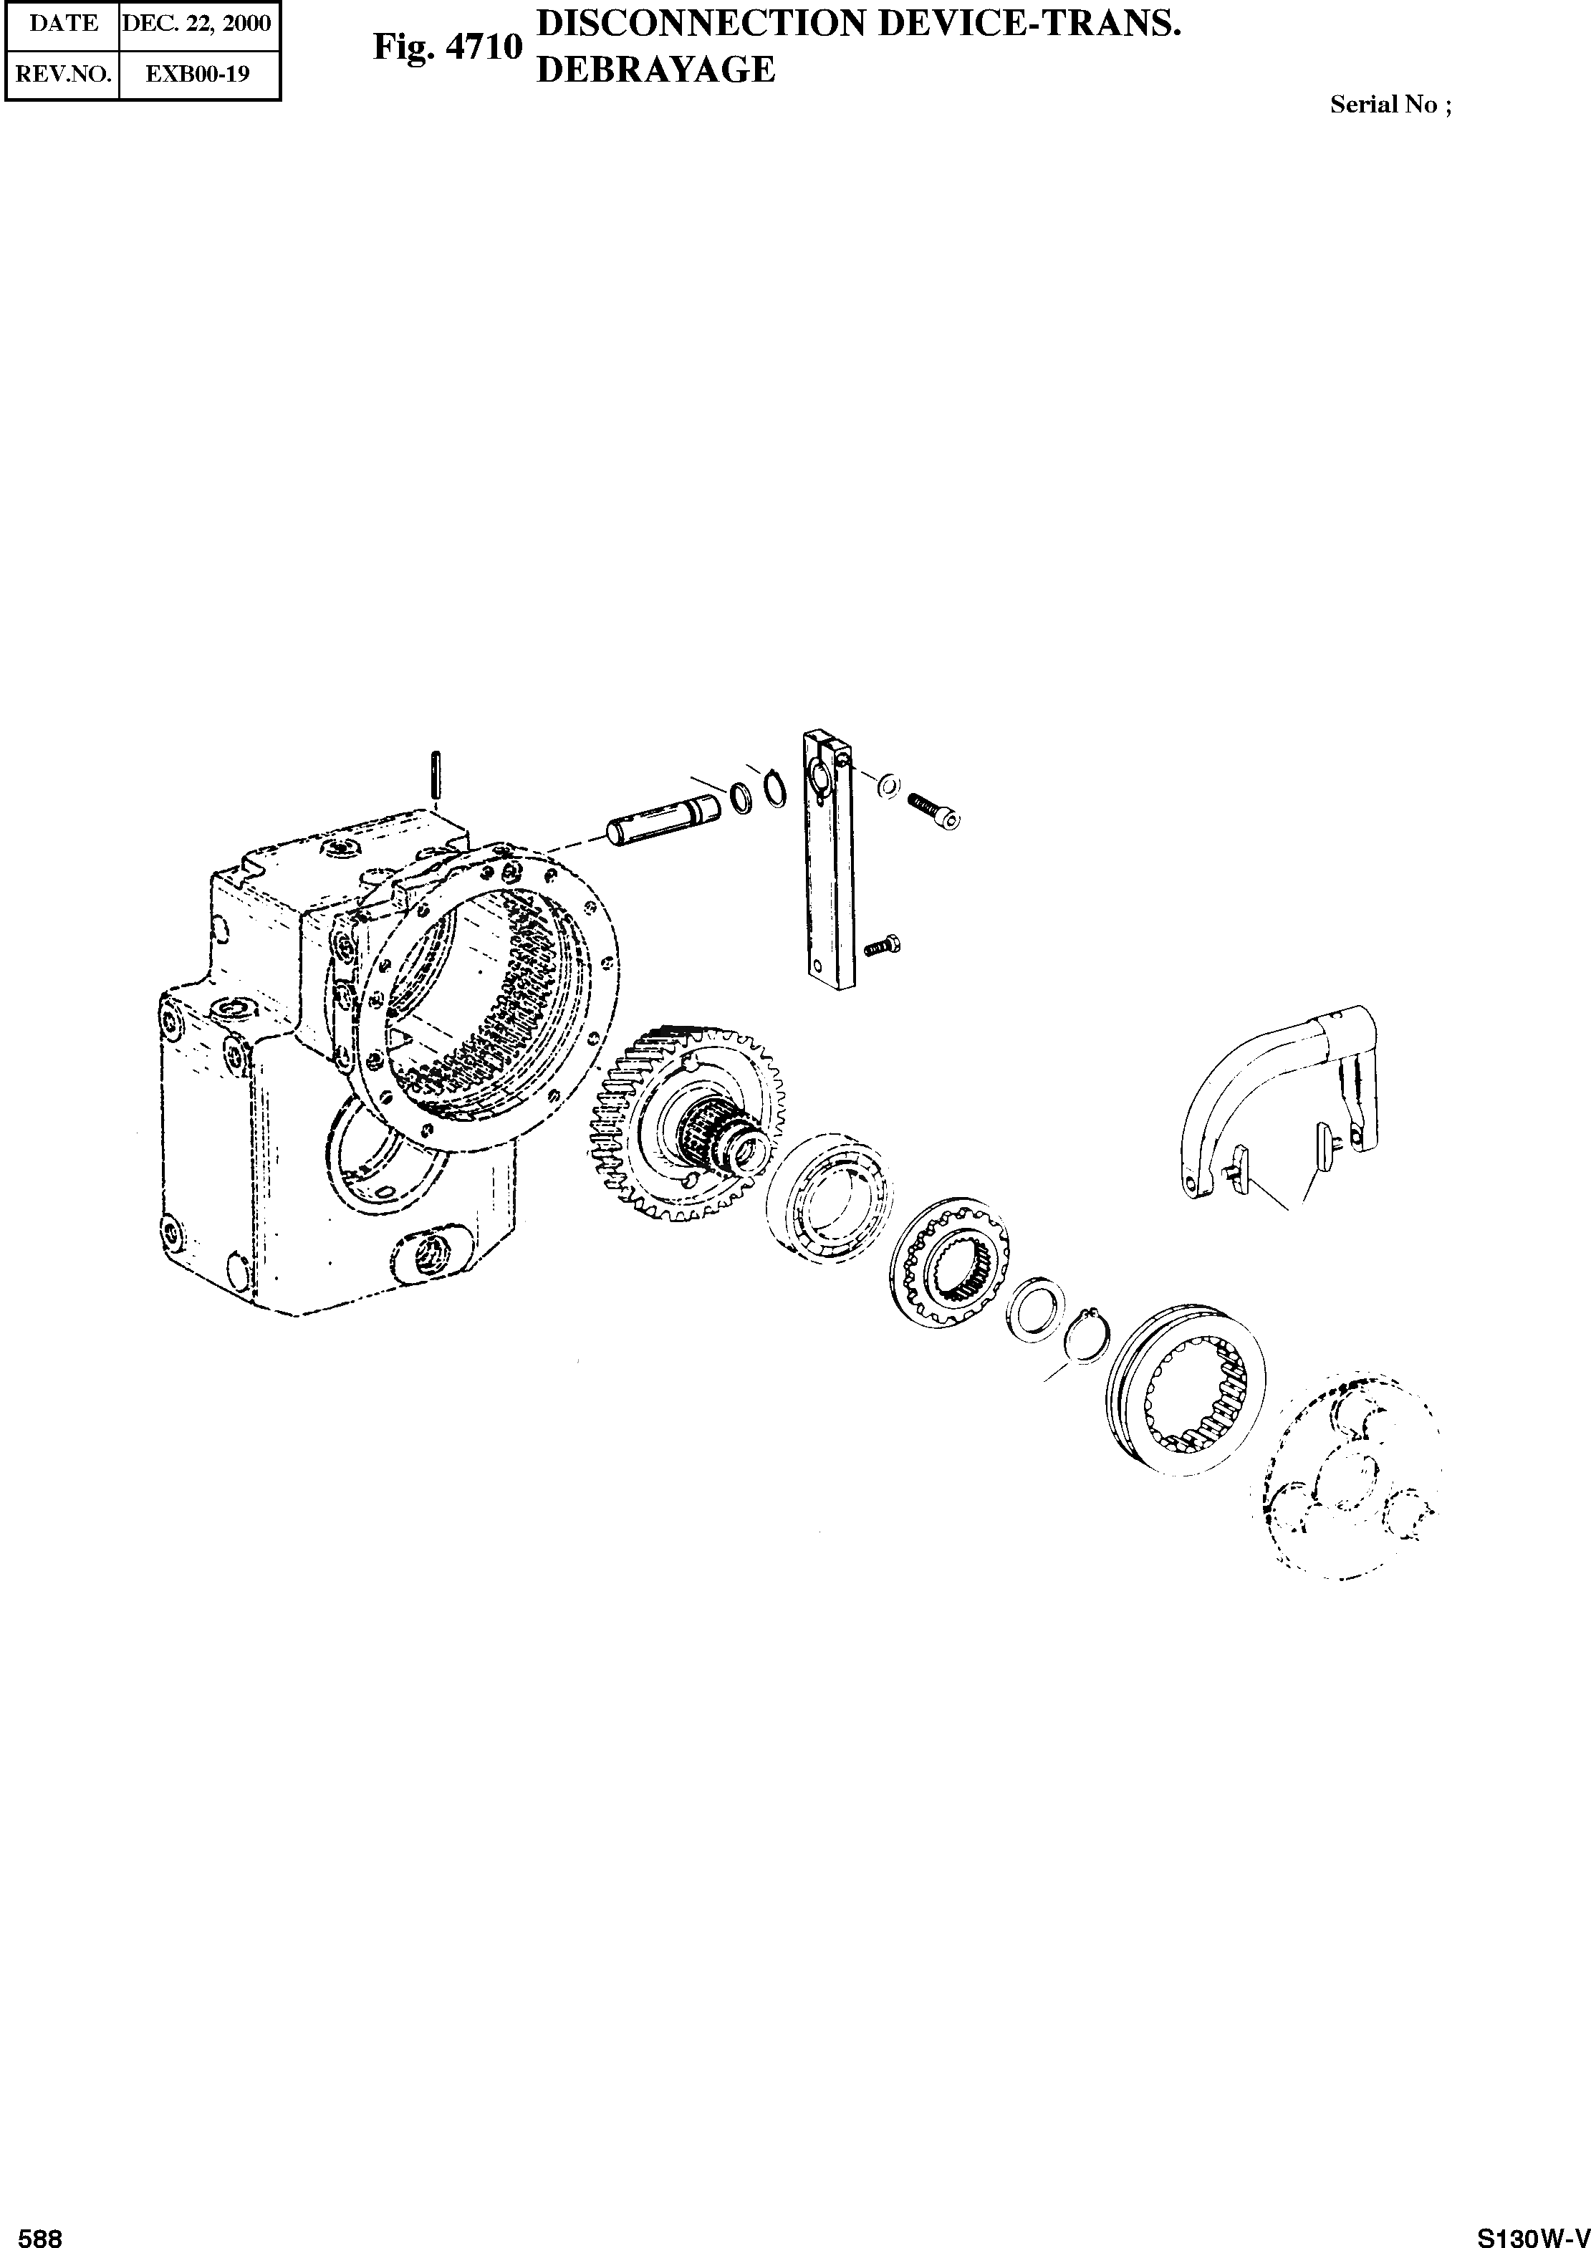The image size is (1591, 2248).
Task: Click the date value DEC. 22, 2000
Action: (x=197, y=22)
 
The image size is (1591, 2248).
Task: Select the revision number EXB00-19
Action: (x=198, y=74)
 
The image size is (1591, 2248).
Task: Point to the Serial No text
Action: (x=1391, y=105)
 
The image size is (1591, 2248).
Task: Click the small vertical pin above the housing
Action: (x=438, y=774)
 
